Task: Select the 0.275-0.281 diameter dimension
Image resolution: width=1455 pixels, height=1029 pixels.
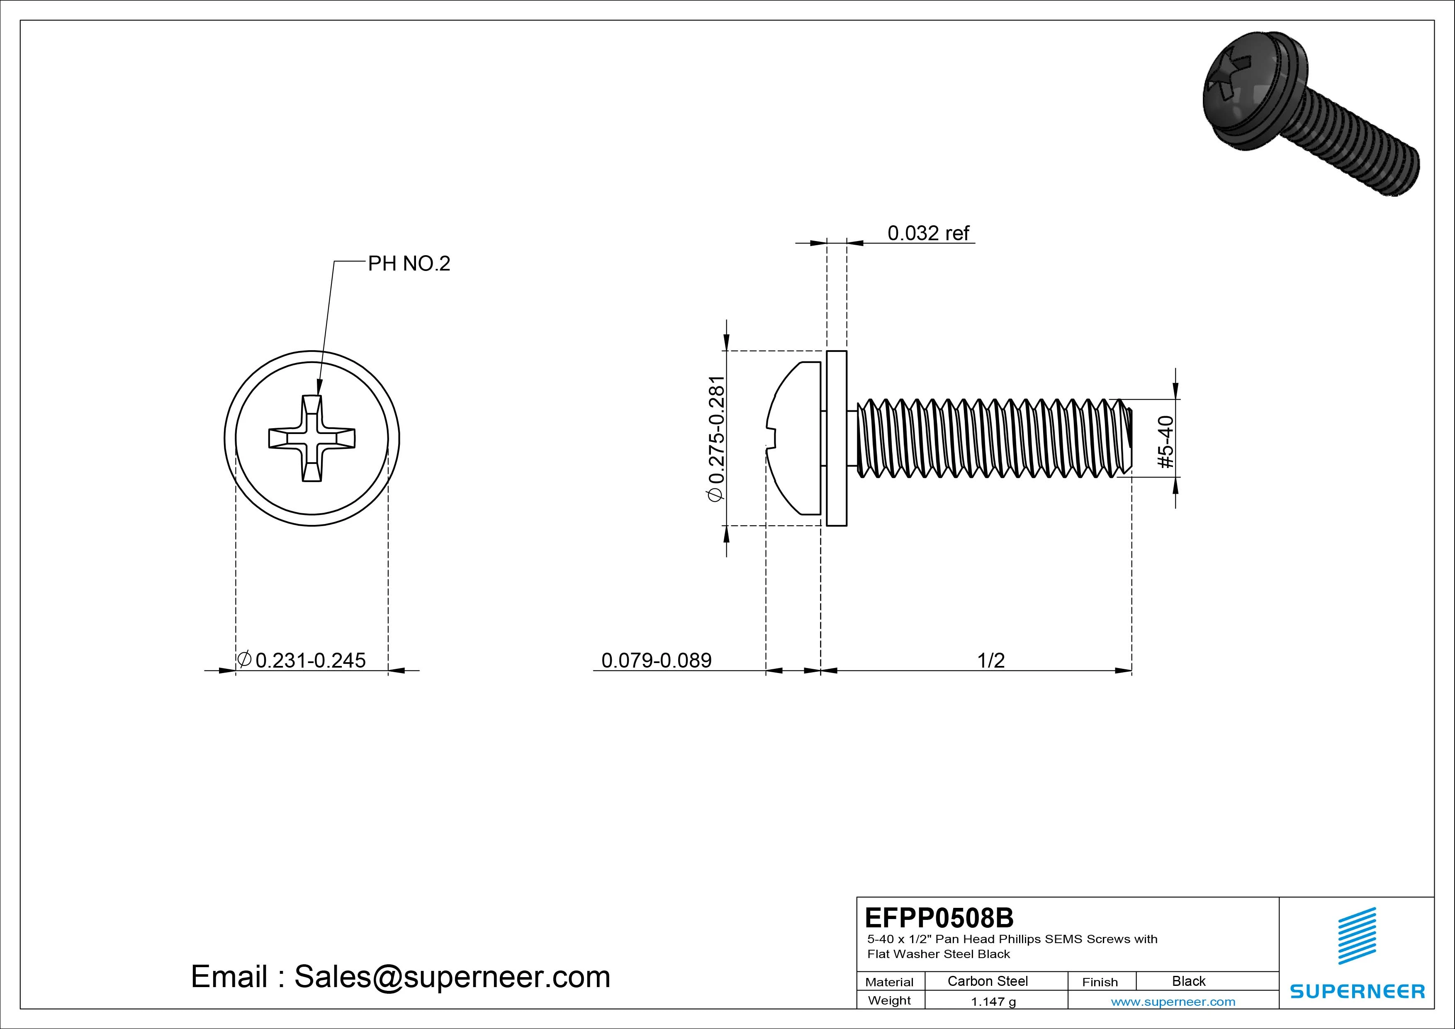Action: tap(716, 439)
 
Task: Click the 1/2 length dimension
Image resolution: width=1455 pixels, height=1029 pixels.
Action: tap(990, 660)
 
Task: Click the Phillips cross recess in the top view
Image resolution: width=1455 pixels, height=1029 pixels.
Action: tap(312, 439)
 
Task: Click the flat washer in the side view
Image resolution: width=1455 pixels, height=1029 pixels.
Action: tap(837, 438)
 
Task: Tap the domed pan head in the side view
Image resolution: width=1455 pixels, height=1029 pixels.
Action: tap(795, 438)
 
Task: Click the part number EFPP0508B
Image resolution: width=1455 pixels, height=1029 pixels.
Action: tap(939, 917)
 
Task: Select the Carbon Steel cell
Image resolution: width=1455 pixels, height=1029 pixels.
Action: tap(987, 981)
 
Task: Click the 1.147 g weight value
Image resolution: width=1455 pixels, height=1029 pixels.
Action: tap(993, 1002)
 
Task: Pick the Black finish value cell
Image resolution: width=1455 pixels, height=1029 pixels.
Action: tap(1188, 981)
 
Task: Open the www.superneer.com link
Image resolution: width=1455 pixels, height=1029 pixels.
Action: tap(1173, 1002)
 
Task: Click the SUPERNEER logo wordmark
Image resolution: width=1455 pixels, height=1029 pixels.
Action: tap(1358, 991)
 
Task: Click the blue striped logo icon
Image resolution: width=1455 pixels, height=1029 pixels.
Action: tap(1357, 936)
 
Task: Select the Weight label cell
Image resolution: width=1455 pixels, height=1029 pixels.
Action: tap(889, 1000)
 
